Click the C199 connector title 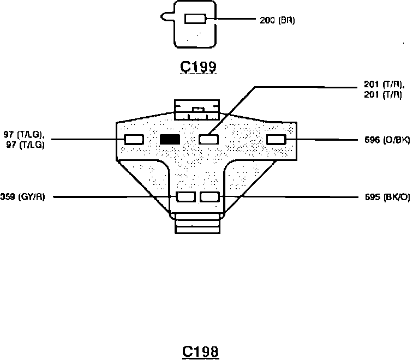pos(199,67)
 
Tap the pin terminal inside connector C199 pos(195,19)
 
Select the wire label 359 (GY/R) pos(23,197)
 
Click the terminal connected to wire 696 pos(276,140)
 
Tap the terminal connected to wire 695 pos(209,197)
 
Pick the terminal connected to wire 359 pos(186,197)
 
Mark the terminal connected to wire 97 pos(134,140)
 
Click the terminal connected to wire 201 pos(208,140)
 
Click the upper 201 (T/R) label pos(383,84)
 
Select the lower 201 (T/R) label pos(383,94)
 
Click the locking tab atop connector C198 pos(196,109)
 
